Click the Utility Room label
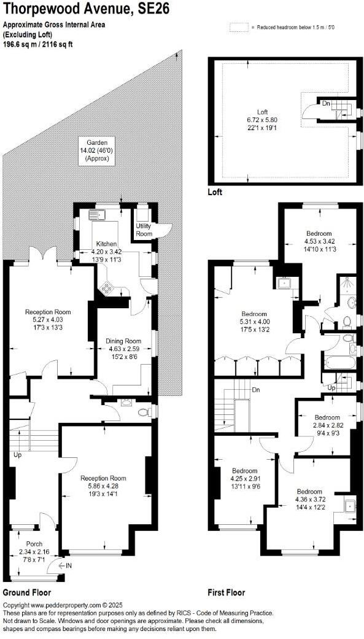(x=144, y=230)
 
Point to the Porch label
(x=34, y=544)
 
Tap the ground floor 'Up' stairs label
(x=17, y=455)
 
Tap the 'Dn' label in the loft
(x=327, y=104)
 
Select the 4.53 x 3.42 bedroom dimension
(x=319, y=241)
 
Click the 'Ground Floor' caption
(x=27, y=592)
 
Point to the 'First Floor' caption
(x=227, y=592)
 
